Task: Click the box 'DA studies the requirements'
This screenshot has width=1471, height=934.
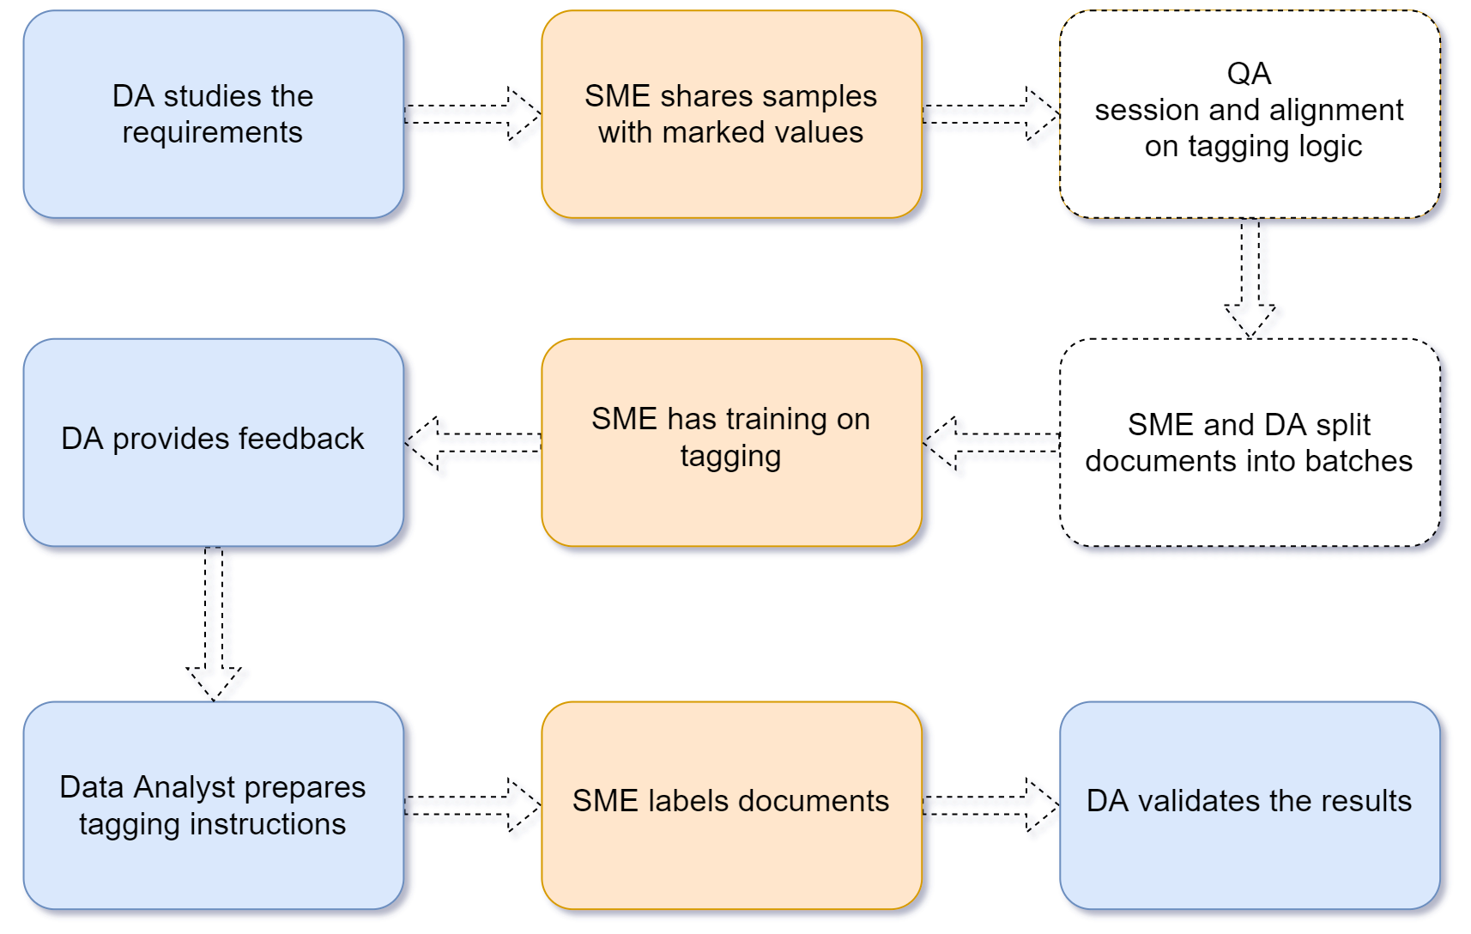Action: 214,113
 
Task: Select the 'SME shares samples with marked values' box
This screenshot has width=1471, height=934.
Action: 731,113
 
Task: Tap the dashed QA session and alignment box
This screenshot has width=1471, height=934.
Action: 1250,113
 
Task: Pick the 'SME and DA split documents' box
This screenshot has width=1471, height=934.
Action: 1250,442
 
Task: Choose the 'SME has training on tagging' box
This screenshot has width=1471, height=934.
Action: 731,442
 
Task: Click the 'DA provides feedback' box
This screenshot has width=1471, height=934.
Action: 214,442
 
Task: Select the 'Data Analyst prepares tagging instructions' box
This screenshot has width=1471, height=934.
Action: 214,805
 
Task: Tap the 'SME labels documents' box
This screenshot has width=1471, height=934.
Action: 731,805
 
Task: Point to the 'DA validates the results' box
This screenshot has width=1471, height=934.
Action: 1250,805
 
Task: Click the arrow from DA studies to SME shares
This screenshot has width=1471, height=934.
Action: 473,114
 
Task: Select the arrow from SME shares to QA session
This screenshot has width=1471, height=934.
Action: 991,114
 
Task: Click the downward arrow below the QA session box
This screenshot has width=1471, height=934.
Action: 1250,278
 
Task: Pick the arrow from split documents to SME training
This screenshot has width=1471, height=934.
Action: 991,443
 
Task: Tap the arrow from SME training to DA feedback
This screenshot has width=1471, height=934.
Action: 473,443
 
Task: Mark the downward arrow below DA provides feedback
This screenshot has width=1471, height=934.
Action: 214,624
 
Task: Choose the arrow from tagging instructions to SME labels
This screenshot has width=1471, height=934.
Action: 473,805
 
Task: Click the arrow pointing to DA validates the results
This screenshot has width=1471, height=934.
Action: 991,805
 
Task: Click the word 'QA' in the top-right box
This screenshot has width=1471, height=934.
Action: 1249,74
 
